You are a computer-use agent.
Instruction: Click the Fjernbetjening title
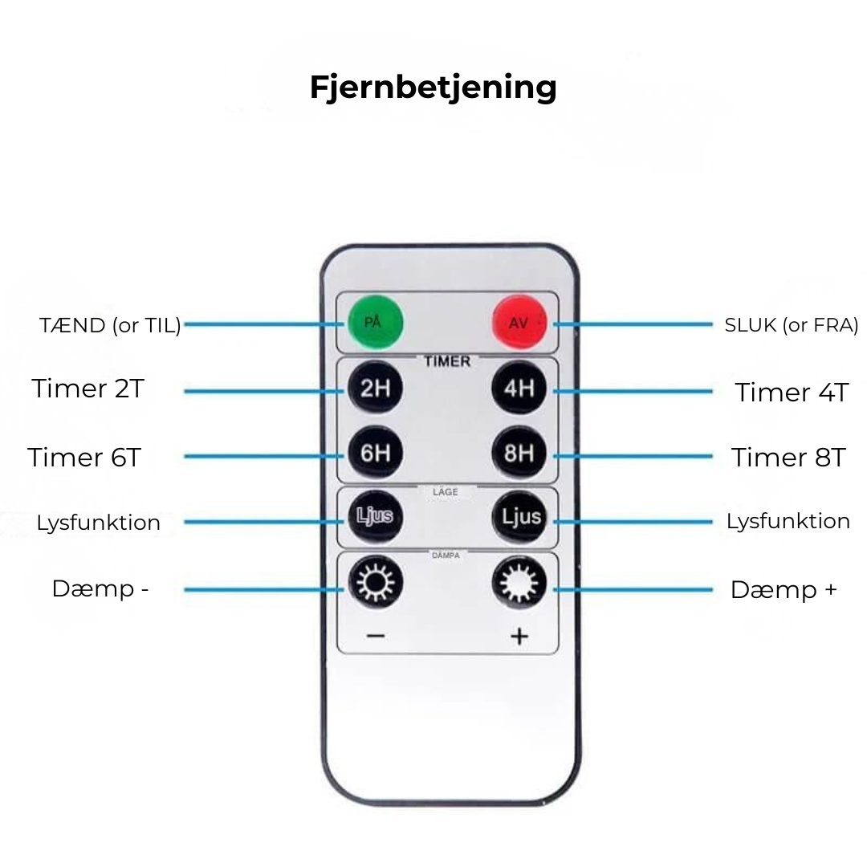point(433,87)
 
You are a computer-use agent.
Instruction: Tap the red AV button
point(519,324)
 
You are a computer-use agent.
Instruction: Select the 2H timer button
point(375,389)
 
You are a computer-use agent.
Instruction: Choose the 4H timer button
point(519,389)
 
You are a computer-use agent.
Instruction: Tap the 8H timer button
point(519,454)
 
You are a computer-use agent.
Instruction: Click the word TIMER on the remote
point(447,362)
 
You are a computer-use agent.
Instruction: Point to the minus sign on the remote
point(375,637)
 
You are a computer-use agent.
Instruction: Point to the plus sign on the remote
point(519,637)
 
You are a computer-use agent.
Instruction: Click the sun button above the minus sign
point(375,584)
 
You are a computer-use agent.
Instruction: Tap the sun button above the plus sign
point(519,584)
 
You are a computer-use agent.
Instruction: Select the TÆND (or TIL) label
point(110,325)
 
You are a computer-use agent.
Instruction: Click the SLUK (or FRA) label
point(792,325)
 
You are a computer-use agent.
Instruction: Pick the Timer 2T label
point(88,389)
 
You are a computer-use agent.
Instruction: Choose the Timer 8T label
point(788,458)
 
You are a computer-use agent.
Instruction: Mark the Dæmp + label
point(784,590)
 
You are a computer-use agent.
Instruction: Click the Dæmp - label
point(100,588)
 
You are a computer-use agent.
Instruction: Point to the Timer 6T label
point(84,458)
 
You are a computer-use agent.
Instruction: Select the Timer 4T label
point(792,393)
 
